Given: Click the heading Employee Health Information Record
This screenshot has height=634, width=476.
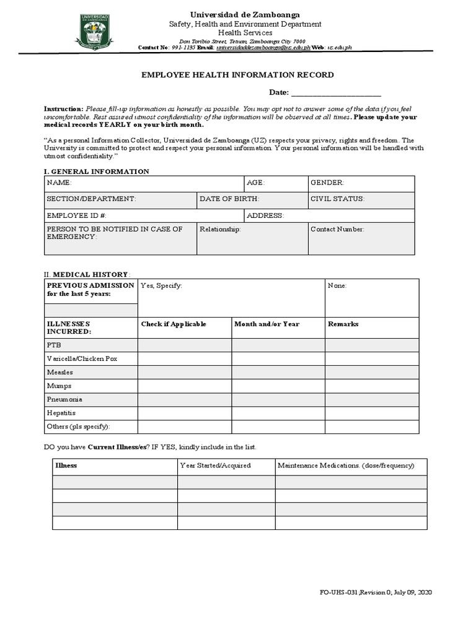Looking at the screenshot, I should (x=238, y=75).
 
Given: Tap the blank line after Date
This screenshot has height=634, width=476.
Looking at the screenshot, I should (x=335, y=93).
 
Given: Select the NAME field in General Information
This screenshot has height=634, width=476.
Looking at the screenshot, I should (x=144, y=184).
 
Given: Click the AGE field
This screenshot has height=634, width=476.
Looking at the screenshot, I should (x=276, y=184).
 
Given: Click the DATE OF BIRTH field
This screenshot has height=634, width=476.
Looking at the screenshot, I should (x=252, y=200).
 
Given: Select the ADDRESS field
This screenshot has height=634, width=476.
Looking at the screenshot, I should (x=329, y=216).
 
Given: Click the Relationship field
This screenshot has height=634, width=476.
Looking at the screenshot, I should (x=252, y=239).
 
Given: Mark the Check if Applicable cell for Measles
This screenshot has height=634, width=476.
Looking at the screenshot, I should (x=184, y=373).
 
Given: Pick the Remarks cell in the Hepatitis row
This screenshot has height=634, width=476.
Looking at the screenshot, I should (x=372, y=413).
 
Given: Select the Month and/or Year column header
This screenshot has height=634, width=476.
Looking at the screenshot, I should (x=267, y=324).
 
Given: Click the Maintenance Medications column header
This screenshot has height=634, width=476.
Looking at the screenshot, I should (x=346, y=466).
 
